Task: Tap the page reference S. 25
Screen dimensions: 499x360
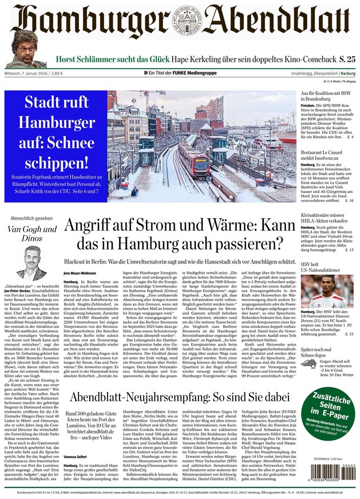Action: [x=344, y=58]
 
